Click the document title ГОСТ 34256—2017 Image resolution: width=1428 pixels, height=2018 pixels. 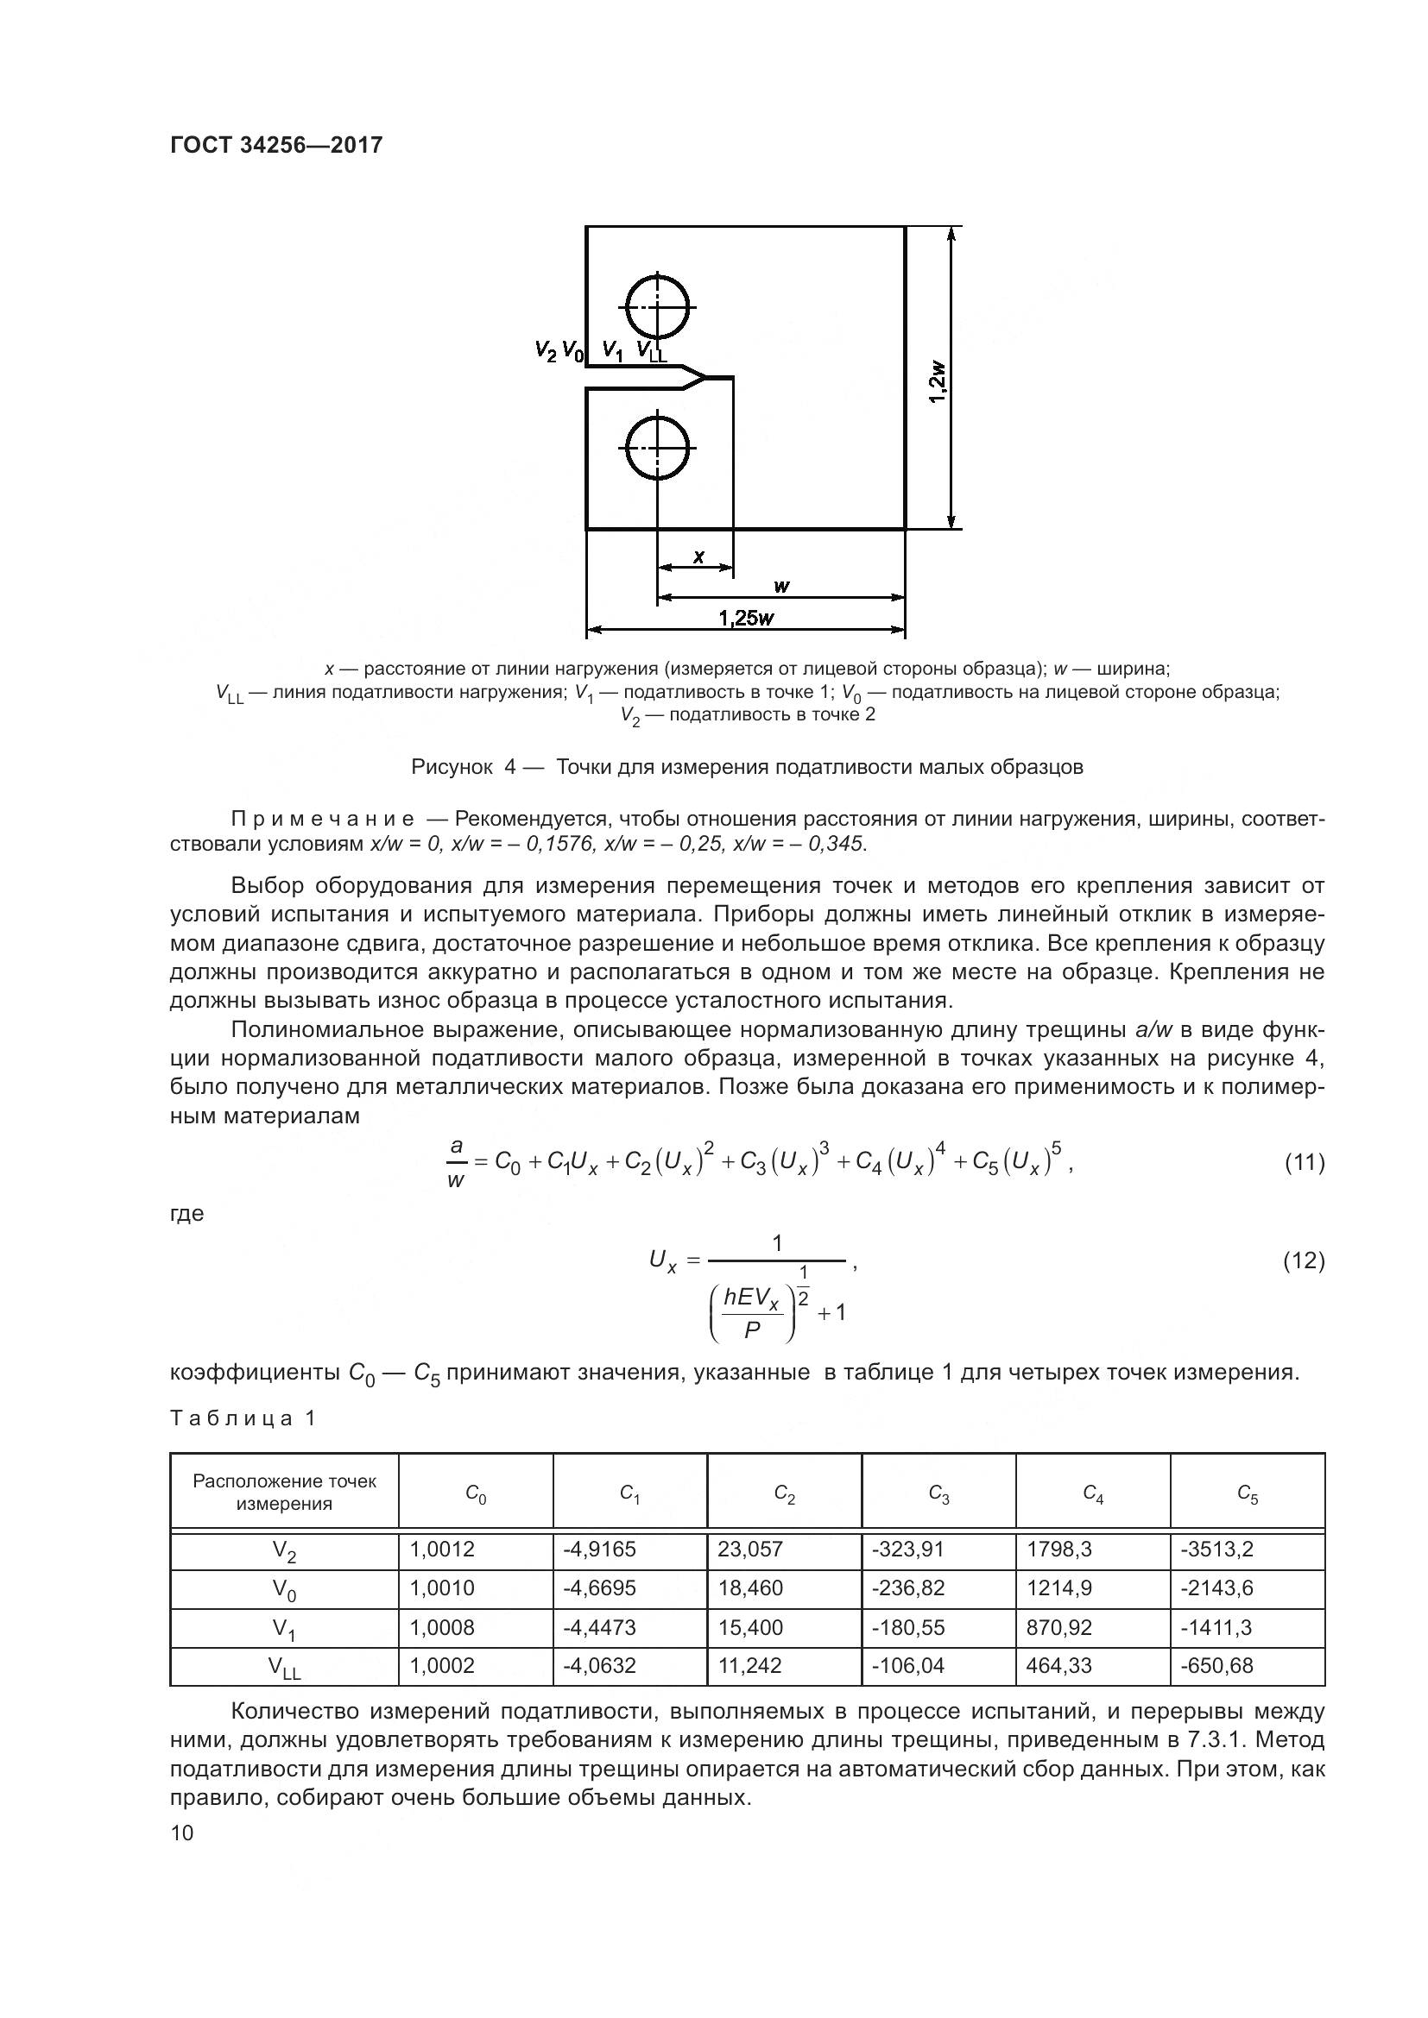(276, 145)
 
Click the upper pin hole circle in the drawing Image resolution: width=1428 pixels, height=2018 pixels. (658, 307)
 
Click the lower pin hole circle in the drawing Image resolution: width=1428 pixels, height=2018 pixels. (658, 449)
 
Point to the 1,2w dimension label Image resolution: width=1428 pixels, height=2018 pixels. (938, 380)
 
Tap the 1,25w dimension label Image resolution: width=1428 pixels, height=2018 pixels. (746, 618)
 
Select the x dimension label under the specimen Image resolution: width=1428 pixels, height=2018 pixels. (698, 556)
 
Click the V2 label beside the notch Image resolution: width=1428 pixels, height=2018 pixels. (545, 350)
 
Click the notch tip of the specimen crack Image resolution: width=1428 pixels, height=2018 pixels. (706, 378)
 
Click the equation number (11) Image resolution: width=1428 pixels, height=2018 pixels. (1304, 1163)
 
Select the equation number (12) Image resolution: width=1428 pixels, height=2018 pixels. (1304, 1260)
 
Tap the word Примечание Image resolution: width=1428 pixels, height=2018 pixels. (322, 819)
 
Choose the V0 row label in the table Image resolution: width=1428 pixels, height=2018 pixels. (284, 1589)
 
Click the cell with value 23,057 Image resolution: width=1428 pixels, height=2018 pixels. (750, 1549)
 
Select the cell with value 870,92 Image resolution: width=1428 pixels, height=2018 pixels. (1058, 1627)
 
